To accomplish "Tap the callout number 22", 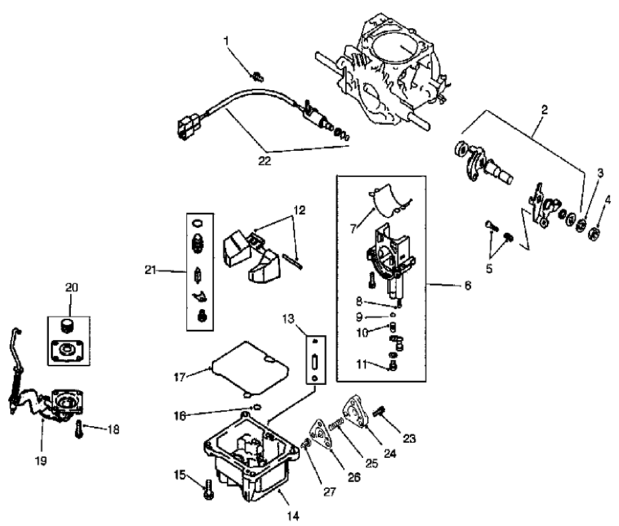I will click(264, 161).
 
